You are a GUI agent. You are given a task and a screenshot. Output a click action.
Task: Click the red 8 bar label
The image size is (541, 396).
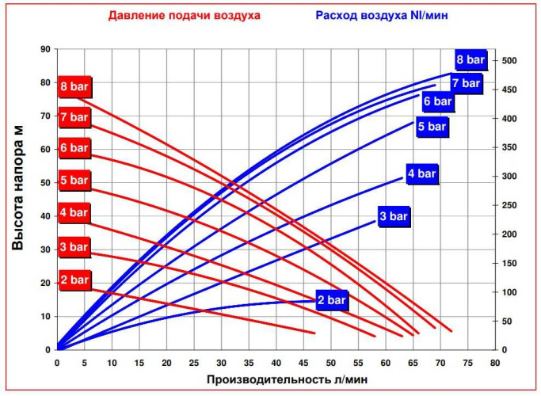click(74, 86)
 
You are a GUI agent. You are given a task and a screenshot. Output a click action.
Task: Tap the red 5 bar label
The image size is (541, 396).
click(74, 181)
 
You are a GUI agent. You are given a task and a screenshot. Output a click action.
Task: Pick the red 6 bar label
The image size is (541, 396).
click(74, 149)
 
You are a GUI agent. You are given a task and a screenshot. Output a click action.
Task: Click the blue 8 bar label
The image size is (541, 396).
click(470, 59)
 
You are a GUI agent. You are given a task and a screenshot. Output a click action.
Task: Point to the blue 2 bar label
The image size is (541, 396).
click(332, 300)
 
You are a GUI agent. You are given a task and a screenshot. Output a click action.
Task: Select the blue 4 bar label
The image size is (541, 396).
click(421, 173)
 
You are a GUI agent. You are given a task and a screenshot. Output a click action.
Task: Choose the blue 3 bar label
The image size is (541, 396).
click(393, 215)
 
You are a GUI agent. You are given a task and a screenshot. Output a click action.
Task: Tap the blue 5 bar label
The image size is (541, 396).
click(432, 126)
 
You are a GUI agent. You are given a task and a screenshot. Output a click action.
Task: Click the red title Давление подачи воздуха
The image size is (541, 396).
click(184, 16)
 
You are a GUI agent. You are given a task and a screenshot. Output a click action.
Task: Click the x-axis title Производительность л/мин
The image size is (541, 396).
click(287, 379)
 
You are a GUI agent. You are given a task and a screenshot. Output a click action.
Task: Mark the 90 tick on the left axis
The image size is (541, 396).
click(44, 49)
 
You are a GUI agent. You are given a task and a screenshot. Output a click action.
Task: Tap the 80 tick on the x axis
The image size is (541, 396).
click(495, 363)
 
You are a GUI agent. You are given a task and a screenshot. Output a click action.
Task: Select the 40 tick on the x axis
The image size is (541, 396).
click(276, 363)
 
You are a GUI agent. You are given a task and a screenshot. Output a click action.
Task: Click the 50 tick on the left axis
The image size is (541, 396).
click(44, 183)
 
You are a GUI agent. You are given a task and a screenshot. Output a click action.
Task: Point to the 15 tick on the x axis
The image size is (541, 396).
click(139, 363)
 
